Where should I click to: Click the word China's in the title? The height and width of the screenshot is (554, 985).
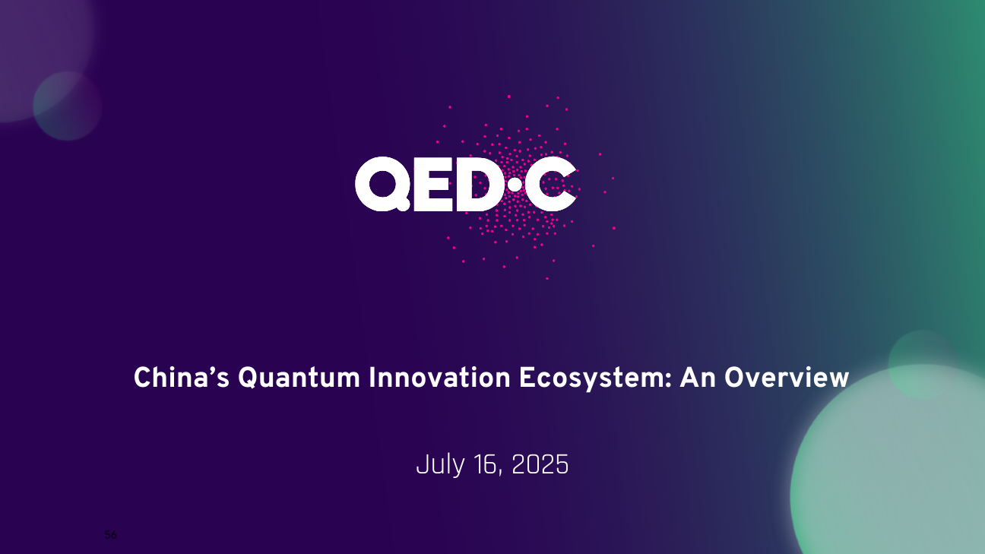pyautogui.click(x=181, y=378)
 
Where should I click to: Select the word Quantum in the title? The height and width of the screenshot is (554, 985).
pyautogui.click(x=299, y=378)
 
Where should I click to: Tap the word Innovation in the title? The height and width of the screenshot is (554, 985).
pyautogui.click(x=439, y=378)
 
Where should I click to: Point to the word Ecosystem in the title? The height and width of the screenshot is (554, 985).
pyautogui.click(x=592, y=379)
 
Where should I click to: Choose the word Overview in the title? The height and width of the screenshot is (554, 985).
pyautogui.click(x=787, y=378)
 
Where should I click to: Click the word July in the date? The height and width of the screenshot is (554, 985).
pyautogui.click(x=440, y=465)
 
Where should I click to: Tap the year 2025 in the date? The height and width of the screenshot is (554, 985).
pyautogui.click(x=540, y=464)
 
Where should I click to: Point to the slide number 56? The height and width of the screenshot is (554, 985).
pyautogui.click(x=110, y=535)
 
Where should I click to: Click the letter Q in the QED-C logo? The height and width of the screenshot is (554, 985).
pyautogui.click(x=382, y=184)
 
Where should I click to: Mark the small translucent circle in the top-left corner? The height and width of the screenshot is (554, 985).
pyautogui.click(x=68, y=106)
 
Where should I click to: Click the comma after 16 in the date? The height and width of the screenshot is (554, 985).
pyautogui.click(x=500, y=473)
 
